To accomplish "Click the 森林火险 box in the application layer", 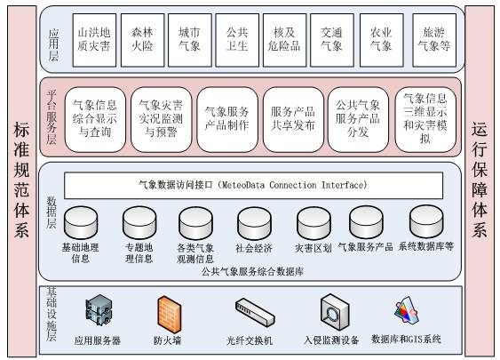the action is [x=142, y=40].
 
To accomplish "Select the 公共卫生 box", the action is [x=237, y=40].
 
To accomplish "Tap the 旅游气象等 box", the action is [x=434, y=40].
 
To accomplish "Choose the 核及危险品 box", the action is [x=284, y=40].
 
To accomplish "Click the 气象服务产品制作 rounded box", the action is [x=227, y=119].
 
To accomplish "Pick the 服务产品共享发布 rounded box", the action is [x=293, y=119].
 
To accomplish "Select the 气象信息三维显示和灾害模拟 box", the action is [x=425, y=119].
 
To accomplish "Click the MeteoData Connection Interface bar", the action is [x=253, y=186].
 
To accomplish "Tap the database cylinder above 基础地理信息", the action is [x=81, y=223].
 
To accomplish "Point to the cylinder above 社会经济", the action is [x=255, y=223].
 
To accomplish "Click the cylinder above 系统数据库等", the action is [x=426, y=222].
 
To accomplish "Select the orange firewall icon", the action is [x=170, y=315].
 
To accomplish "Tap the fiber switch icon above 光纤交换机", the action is [x=255, y=313].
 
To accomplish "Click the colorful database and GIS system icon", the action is [x=407, y=310].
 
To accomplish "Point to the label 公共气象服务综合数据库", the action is [x=252, y=272].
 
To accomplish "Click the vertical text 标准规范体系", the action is [x=21, y=180].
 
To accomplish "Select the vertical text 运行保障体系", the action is [x=480, y=180].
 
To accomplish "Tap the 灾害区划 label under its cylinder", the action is [x=313, y=248].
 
